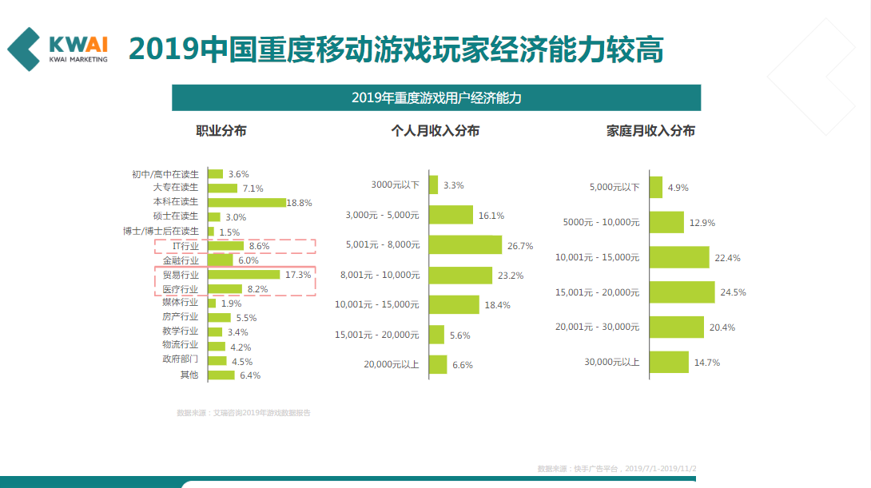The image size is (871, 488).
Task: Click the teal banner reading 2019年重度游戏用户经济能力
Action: (x=436, y=97)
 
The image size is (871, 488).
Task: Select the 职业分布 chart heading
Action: (x=221, y=131)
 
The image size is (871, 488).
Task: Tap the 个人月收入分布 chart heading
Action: (x=435, y=131)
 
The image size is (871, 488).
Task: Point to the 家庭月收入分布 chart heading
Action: (x=650, y=131)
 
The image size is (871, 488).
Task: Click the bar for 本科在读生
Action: (x=246, y=202)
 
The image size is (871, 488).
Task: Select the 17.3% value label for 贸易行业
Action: (x=298, y=275)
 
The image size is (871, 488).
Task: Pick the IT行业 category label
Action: (x=185, y=246)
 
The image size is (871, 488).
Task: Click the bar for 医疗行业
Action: (x=225, y=289)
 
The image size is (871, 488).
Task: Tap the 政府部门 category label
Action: (x=180, y=360)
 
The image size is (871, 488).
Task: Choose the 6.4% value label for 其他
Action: (x=250, y=375)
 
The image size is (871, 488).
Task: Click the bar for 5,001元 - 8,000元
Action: (x=465, y=245)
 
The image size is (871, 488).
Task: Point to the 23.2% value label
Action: (x=510, y=276)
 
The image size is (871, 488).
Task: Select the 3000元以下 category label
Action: (x=396, y=185)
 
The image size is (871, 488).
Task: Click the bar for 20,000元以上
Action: (x=438, y=365)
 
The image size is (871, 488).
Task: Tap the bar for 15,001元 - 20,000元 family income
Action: (x=682, y=292)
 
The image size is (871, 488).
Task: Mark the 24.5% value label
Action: (x=733, y=292)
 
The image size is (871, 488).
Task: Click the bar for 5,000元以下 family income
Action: (x=656, y=187)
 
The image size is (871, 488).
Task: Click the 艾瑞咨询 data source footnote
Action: (x=244, y=413)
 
